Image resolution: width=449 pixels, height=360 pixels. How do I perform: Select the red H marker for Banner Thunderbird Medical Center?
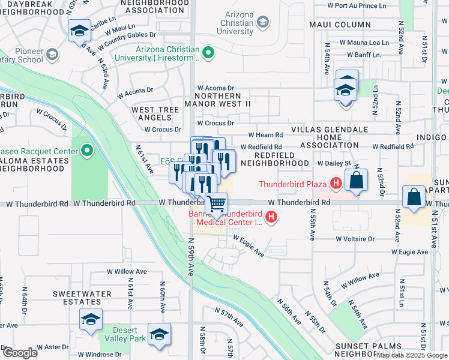(271, 217)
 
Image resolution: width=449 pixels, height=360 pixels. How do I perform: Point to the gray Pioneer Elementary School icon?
(52, 55)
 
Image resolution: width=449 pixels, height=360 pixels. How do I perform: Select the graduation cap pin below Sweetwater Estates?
(91, 319)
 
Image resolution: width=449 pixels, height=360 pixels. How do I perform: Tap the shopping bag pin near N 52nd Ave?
(414, 197)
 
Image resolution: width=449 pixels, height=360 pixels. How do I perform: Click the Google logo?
(20, 353)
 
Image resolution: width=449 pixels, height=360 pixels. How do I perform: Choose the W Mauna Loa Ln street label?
(364, 43)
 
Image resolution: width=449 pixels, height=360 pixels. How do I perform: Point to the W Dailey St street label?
(333, 163)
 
